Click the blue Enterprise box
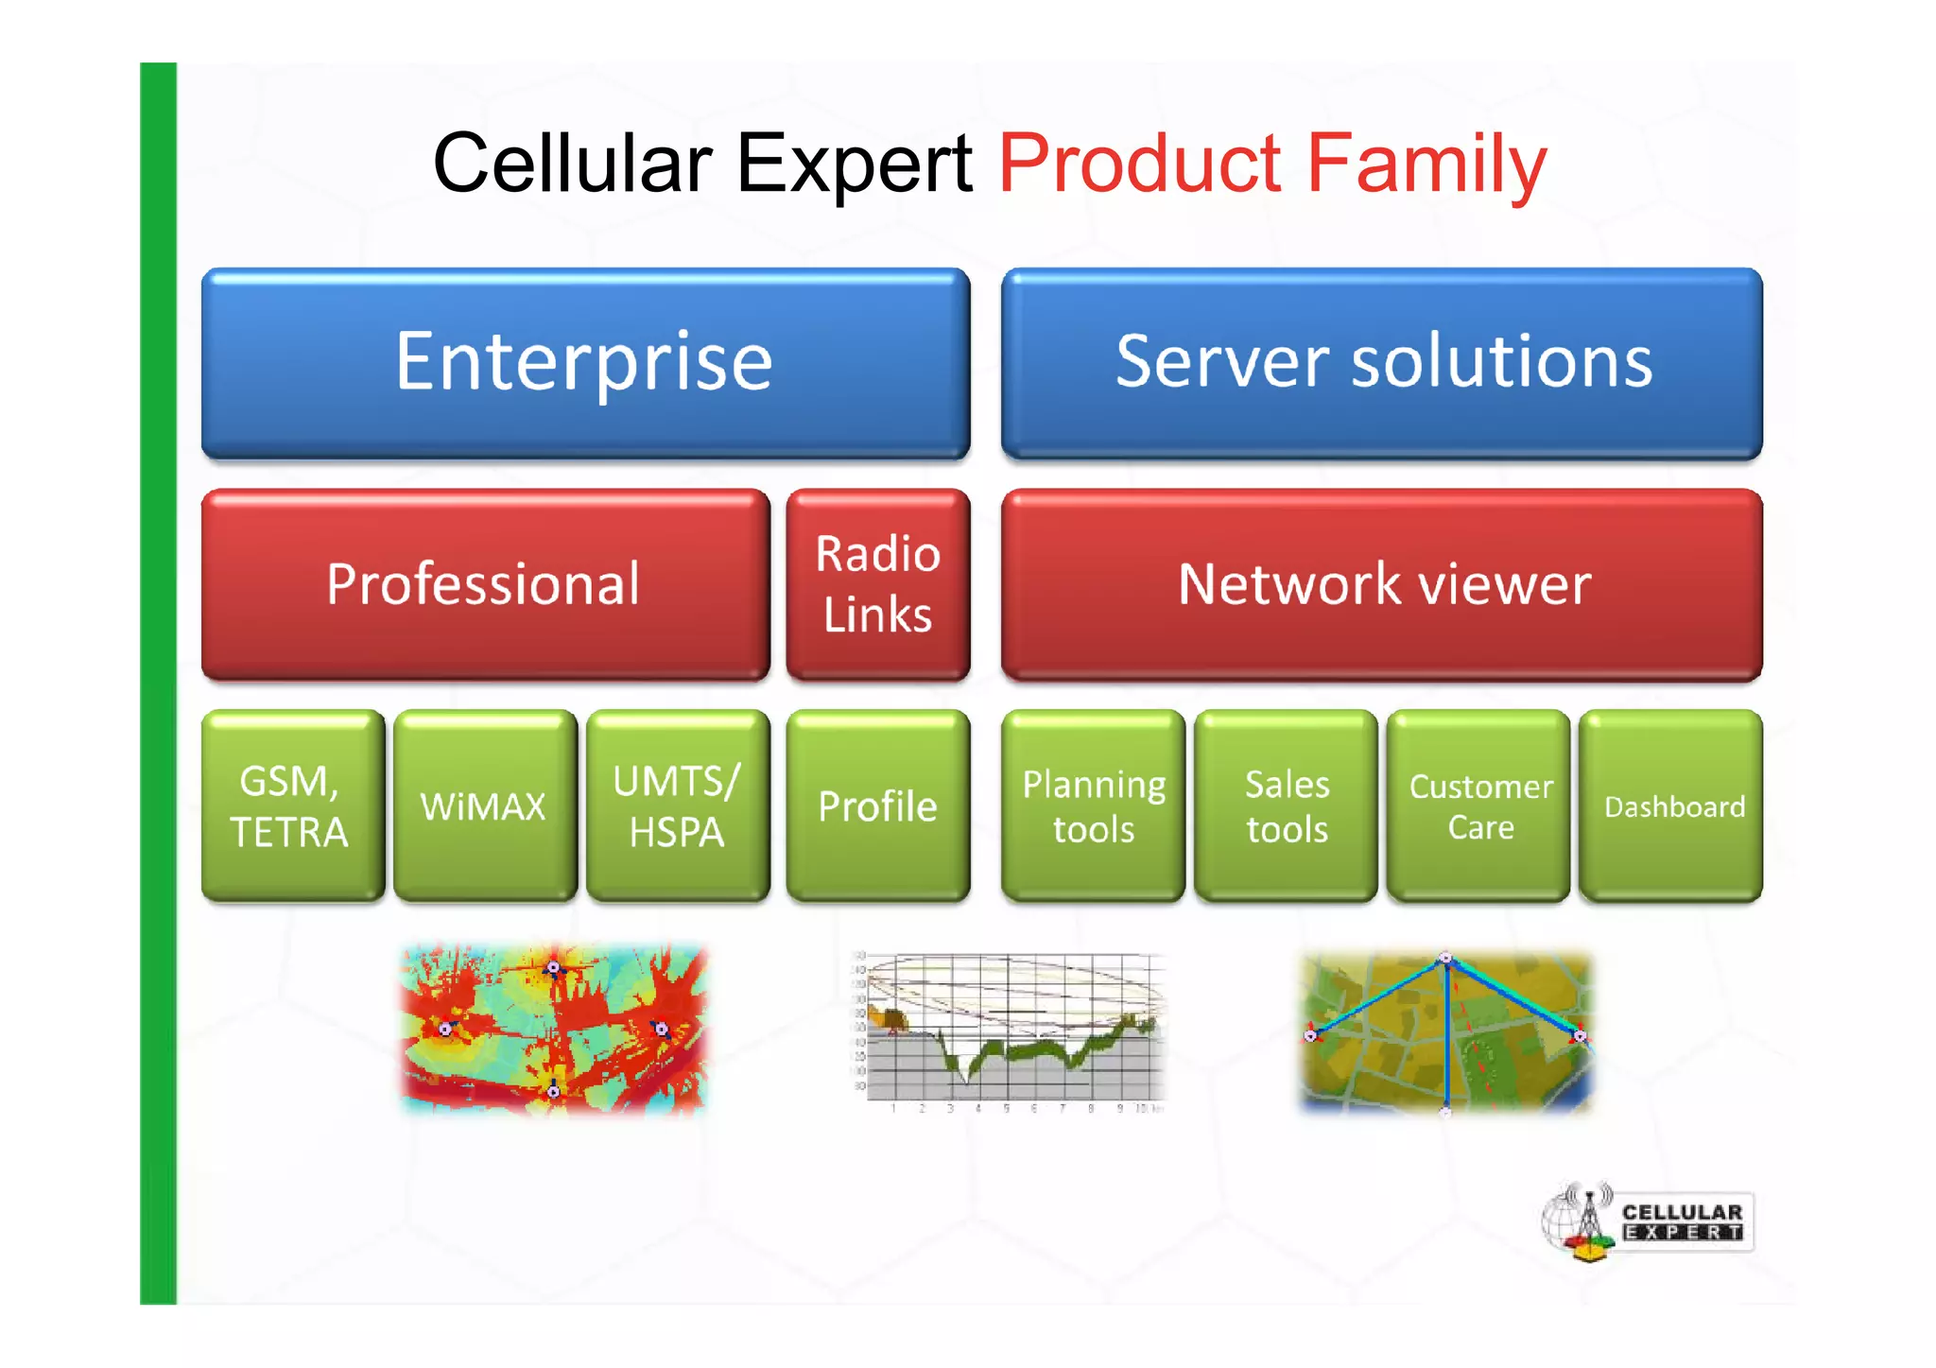click(x=585, y=363)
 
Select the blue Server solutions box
click(x=1382, y=363)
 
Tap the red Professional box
click(x=485, y=583)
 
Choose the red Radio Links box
click(x=878, y=583)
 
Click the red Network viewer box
click(x=1382, y=583)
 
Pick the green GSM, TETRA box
click(x=292, y=805)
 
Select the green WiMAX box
click(x=485, y=805)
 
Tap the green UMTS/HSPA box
click(x=677, y=805)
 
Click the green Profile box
click(x=878, y=805)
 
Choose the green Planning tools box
click(x=1093, y=805)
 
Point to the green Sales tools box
click(x=1286, y=805)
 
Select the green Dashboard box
click(x=1671, y=805)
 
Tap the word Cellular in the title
click(x=572, y=165)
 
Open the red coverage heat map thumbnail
click(x=554, y=1029)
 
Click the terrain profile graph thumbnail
click(x=1010, y=1030)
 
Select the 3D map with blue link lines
click(x=1445, y=1030)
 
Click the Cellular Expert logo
click(x=1648, y=1222)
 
